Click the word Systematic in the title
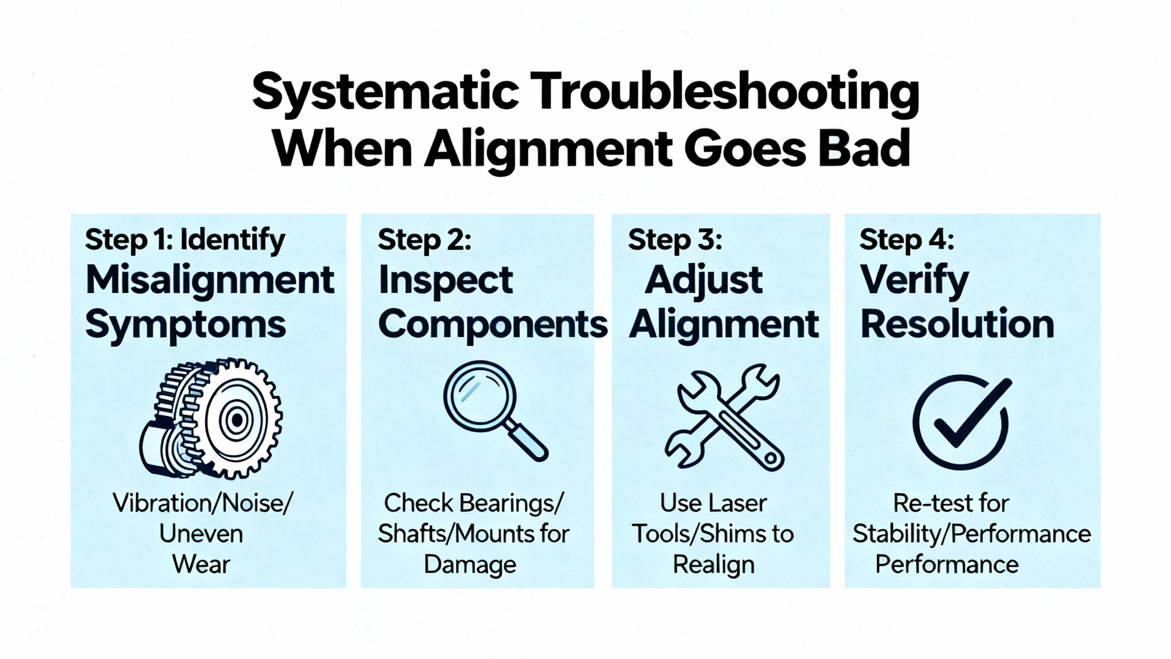pyautogui.click(x=385, y=92)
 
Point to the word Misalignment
pyautogui.click(x=210, y=280)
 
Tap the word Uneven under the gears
pyautogui.click(x=201, y=534)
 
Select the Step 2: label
pyautogui.click(x=424, y=240)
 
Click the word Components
pyautogui.click(x=493, y=324)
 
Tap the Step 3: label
pyautogui.click(x=675, y=240)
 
